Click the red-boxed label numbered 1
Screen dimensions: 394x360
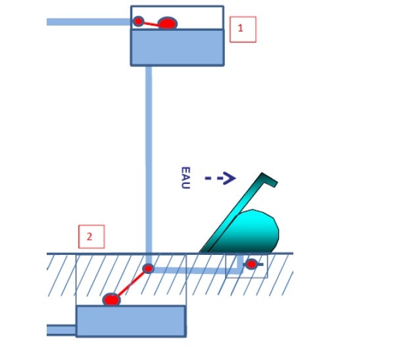click(x=243, y=30)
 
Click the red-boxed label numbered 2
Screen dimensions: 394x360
click(x=91, y=236)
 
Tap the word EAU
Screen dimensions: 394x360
click(x=185, y=178)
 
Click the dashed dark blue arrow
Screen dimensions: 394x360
click(x=220, y=178)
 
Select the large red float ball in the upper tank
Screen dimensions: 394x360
click(x=168, y=24)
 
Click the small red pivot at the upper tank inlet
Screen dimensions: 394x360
click(x=138, y=21)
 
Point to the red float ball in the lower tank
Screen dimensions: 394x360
click(x=112, y=300)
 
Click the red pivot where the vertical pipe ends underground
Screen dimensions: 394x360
click(x=148, y=269)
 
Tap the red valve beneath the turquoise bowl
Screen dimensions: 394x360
click(x=251, y=264)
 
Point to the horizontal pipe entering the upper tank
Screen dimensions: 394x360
click(x=89, y=22)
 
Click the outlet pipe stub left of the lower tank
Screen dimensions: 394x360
click(x=62, y=330)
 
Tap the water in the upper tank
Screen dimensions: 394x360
click(x=178, y=47)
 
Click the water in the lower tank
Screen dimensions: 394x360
click(x=131, y=321)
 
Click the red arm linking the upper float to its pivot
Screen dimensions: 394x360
click(x=151, y=24)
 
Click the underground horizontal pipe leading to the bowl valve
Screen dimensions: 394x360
click(x=195, y=270)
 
